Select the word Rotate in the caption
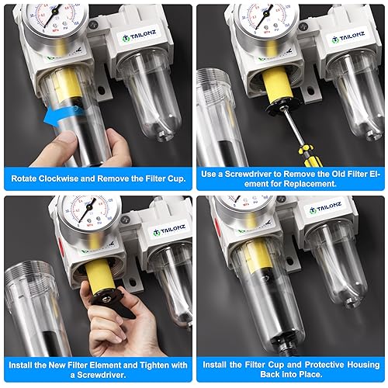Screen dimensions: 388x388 pos(27,177)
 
